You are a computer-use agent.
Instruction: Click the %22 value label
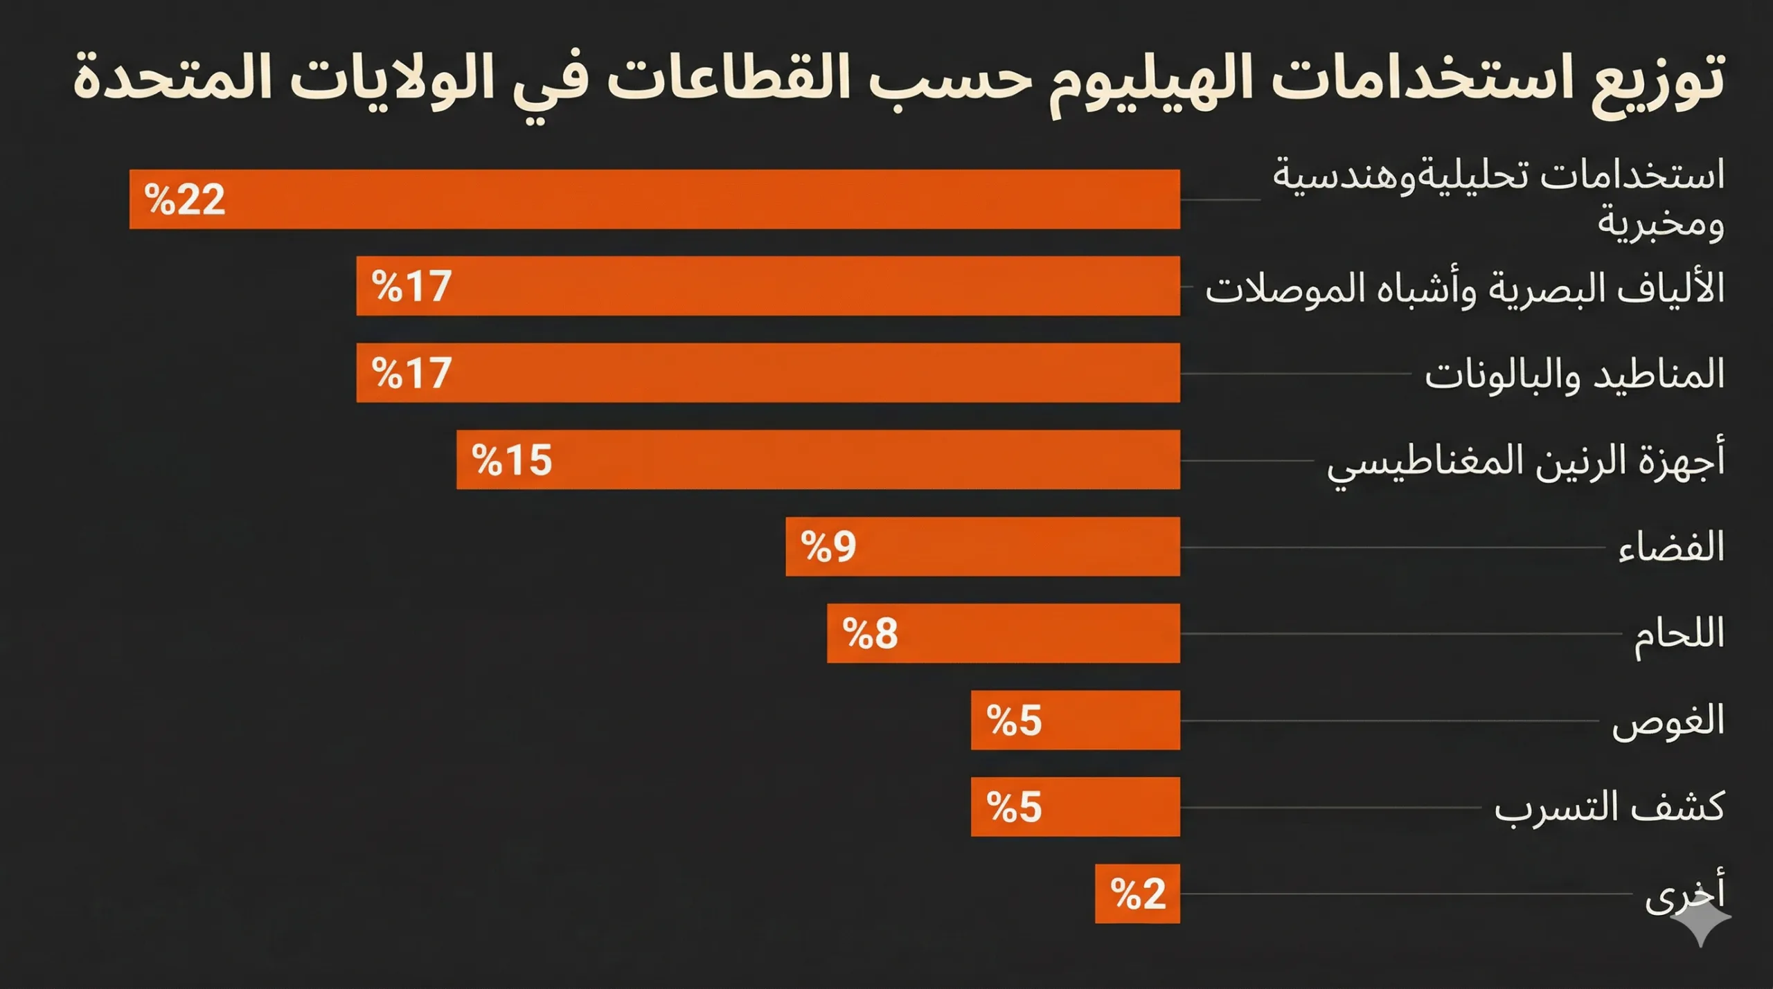click(185, 200)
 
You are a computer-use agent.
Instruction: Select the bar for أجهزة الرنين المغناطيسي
click(817, 460)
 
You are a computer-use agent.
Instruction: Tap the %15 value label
click(512, 460)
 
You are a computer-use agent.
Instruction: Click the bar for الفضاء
click(982, 546)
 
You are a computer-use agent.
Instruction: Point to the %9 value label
click(828, 547)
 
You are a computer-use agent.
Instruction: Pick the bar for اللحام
click(1003, 633)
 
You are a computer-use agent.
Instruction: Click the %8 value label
click(870, 633)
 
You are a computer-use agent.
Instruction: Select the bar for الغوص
click(1075, 720)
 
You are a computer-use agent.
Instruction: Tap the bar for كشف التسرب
click(1075, 807)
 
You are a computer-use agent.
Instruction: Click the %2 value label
click(1138, 894)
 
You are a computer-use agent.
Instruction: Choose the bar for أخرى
click(1137, 893)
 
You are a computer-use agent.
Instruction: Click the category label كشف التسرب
click(1608, 808)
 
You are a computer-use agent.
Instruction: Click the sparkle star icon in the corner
click(1701, 919)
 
